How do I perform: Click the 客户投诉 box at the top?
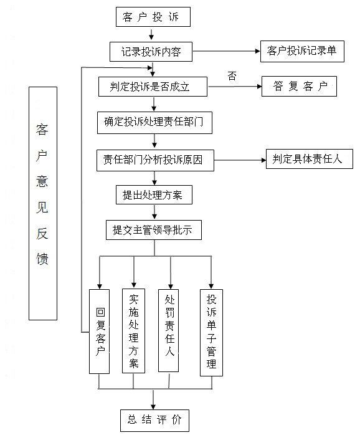point(153,17)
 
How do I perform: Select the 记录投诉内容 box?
point(151,52)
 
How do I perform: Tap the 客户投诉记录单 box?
point(302,51)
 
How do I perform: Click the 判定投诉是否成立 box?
point(153,87)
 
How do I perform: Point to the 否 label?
point(232,76)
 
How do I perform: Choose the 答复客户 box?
point(299,86)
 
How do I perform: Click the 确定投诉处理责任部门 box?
point(154,123)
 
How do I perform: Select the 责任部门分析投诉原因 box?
point(155,160)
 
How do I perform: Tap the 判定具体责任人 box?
point(310,159)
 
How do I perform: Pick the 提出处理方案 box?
point(154,194)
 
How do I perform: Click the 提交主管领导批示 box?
point(154,230)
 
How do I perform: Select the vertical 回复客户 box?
point(99,332)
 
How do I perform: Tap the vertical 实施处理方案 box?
point(133,331)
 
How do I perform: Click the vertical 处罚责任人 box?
point(169,330)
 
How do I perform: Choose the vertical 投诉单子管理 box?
point(211,333)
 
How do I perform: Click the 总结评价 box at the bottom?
point(154,420)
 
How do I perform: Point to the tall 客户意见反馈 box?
point(43,203)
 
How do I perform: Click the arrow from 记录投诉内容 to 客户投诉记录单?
point(227,51)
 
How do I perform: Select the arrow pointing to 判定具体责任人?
point(240,160)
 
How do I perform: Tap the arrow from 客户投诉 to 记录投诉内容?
point(151,34)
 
